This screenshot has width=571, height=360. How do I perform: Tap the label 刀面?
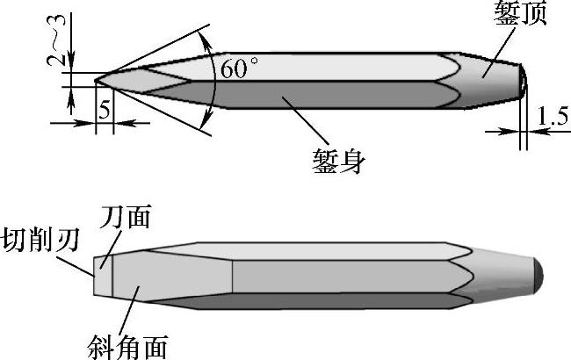[x=126, y=216]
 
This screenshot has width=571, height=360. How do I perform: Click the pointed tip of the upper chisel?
[x=96, y=80]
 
